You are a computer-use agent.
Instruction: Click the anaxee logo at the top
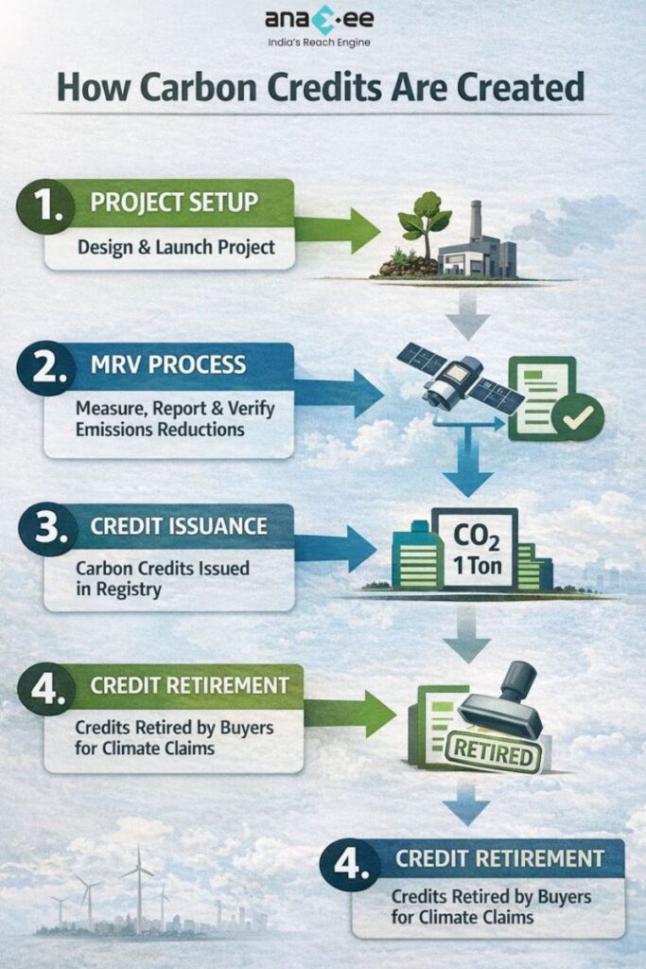click(x=323, y=20)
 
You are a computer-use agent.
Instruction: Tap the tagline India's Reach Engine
click(x=323, y=43)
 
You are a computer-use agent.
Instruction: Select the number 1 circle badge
click(x=44, y=205)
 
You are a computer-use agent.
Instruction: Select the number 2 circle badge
click(x=44, y=366)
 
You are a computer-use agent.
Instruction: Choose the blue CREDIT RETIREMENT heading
click(x=498, y=859)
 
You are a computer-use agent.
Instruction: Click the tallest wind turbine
click(x=139, y=885)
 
